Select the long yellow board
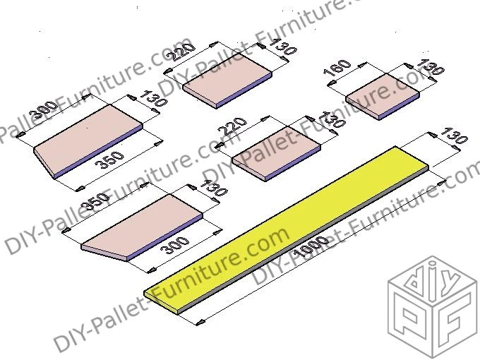[x=282, y=226]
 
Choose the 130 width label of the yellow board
[x=452, y=136]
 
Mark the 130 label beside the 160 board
[x=430, y=68]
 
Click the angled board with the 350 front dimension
[x=88, y=145]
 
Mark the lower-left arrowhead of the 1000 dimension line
[x=199, y=323]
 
